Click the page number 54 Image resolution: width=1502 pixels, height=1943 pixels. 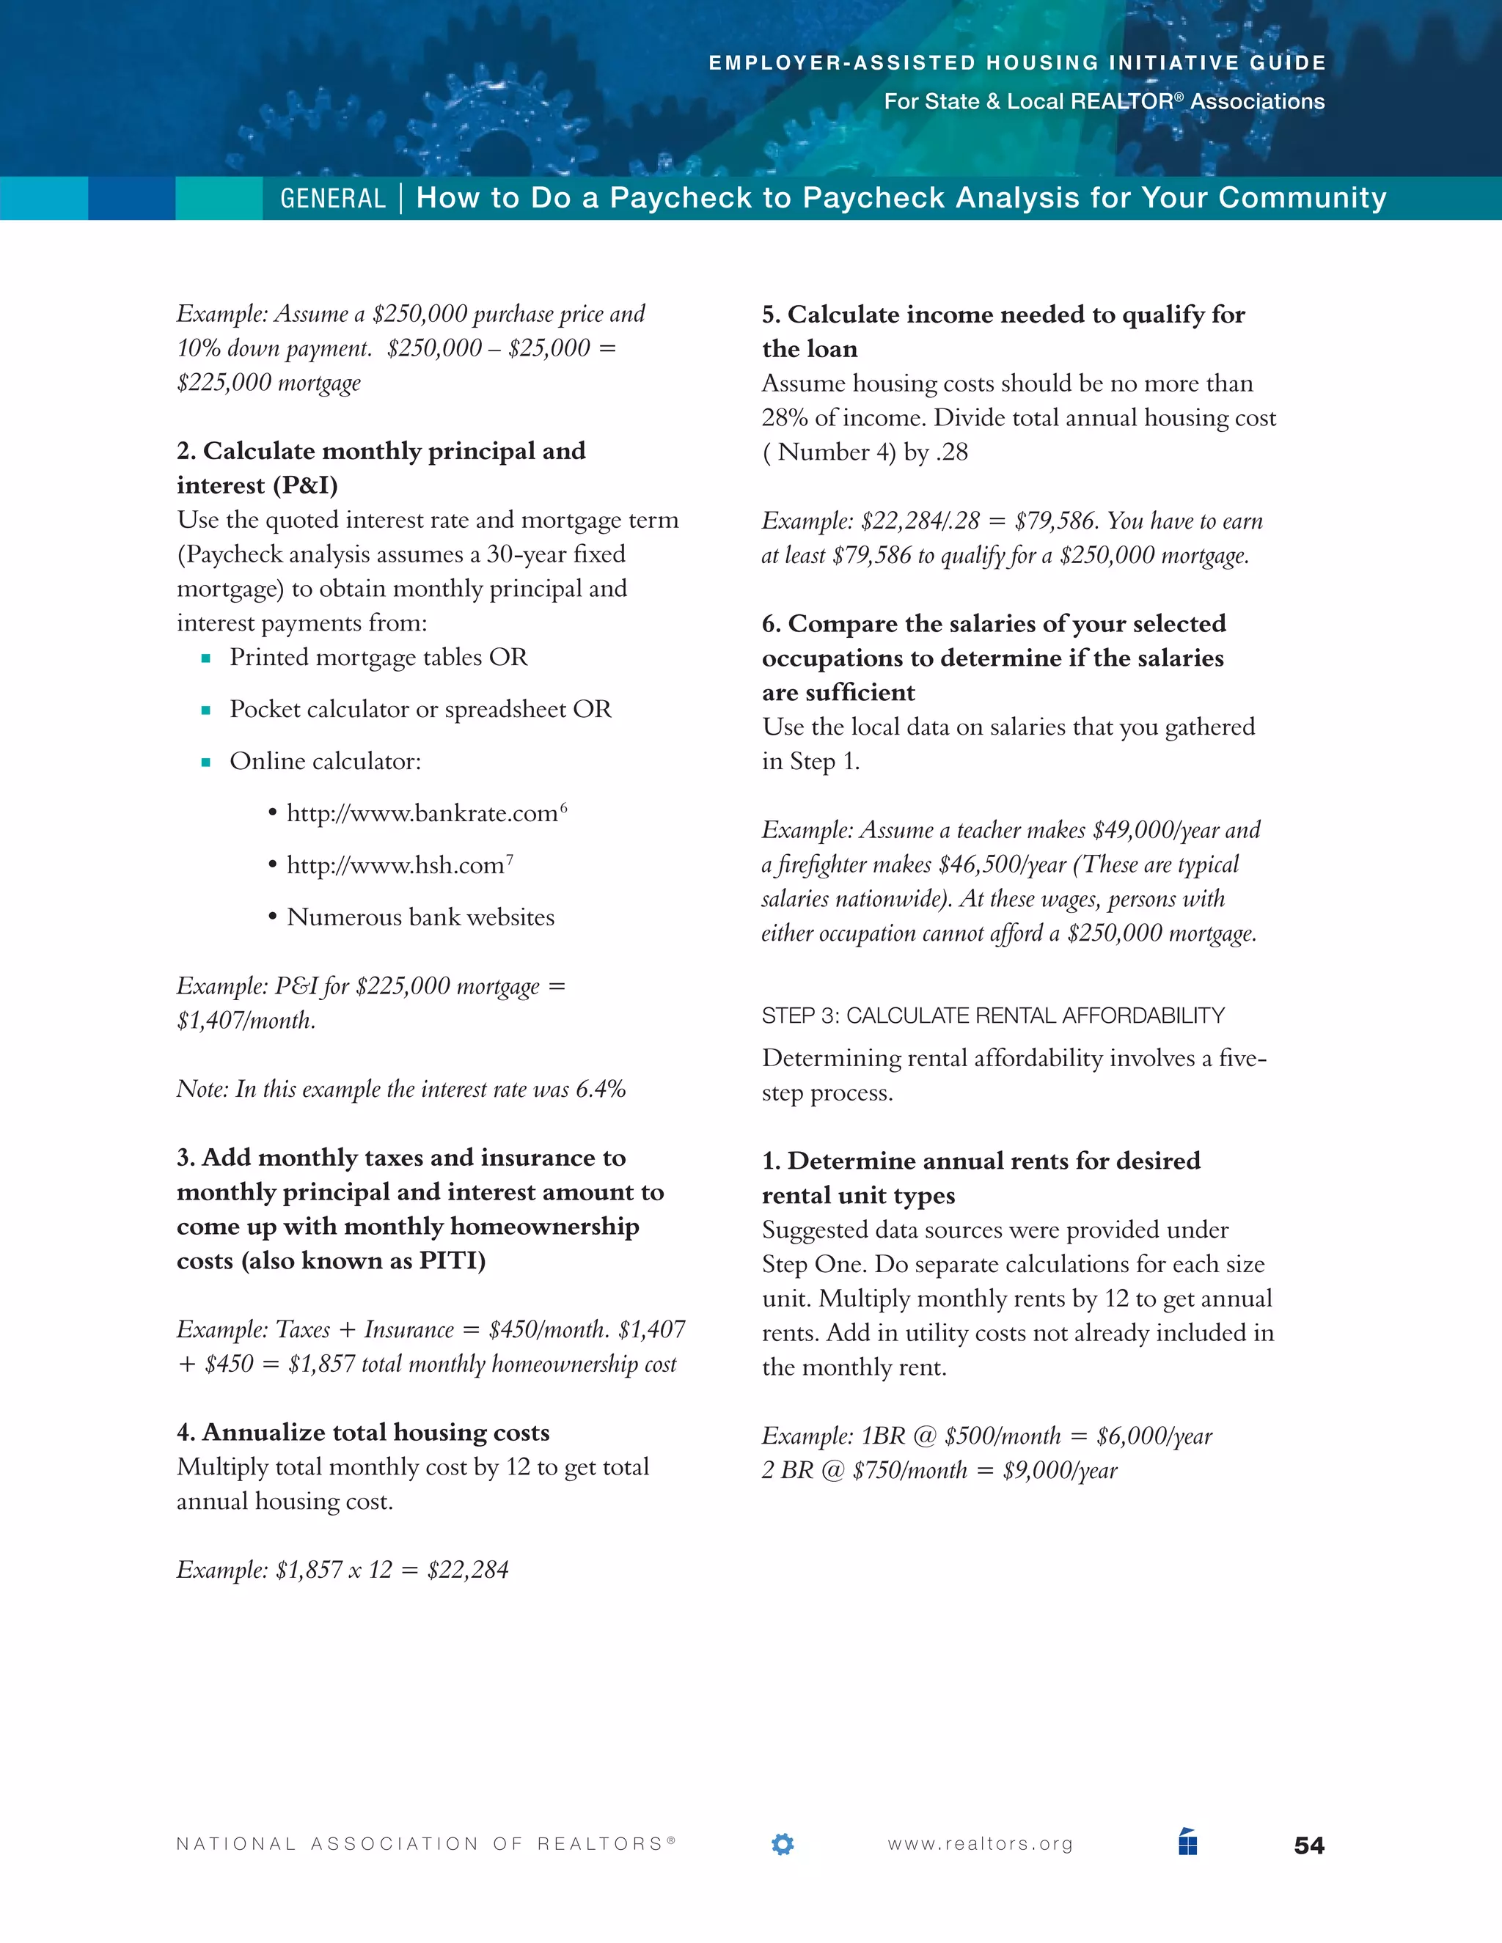point(1309,1845)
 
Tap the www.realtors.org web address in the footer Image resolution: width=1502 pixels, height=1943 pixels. point(980,1844)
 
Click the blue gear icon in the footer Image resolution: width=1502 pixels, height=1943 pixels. point(782,1844)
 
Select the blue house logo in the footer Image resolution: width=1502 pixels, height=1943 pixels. point(1188,1842)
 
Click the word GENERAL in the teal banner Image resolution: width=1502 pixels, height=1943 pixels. point(333,199)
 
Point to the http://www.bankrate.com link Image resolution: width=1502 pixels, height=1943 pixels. point(422,813)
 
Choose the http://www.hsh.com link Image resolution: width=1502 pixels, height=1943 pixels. point(395,864)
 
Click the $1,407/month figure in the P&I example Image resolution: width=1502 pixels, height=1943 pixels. point(246,1021)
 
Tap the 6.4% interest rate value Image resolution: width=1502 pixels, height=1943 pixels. point(601,1089)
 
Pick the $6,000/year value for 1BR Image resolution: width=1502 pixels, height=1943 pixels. point(1154,1436)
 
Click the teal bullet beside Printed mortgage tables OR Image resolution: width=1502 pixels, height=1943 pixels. point(205,659)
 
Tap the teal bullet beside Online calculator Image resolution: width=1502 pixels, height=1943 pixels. point(205,763)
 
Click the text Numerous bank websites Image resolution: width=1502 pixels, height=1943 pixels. point(420,917)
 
